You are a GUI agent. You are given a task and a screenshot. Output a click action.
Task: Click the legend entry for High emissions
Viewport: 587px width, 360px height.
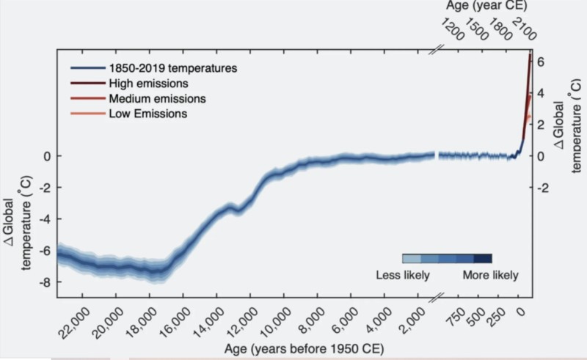(x=149, y=83)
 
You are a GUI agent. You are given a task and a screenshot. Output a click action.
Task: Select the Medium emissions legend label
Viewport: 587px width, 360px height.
(x=157, y=98)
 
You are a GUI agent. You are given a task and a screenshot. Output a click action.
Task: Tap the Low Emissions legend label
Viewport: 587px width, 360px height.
(x=148, y=114)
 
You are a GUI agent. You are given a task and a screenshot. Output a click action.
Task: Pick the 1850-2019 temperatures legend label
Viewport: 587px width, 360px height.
(x=173, y=68)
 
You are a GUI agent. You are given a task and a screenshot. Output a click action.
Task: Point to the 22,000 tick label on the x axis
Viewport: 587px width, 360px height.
(x=75, y=323)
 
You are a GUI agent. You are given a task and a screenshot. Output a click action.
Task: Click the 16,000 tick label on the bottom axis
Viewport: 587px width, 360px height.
(x=175, y=323)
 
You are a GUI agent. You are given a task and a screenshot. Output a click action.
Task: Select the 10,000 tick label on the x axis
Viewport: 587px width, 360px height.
(x=276, y=323)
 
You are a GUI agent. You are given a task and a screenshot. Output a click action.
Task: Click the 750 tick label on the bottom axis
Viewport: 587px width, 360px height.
(x=456, y=317)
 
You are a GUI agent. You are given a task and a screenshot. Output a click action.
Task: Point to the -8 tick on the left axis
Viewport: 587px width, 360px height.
(x=45, y=282)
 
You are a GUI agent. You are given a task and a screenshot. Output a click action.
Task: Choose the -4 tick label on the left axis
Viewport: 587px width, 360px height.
(x=45, y=218)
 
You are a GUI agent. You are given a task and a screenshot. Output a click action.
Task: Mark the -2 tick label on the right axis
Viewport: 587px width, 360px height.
(x=543, y=188)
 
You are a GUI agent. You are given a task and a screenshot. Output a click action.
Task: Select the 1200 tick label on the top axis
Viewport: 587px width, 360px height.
(x=452, y=29)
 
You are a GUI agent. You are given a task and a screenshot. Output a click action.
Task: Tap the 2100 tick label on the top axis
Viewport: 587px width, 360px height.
(x=524, y=29)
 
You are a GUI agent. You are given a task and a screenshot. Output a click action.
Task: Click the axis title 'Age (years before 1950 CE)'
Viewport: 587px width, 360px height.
(x=304, y=349)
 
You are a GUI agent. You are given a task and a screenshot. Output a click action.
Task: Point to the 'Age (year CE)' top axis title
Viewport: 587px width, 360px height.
(x=486, y=6)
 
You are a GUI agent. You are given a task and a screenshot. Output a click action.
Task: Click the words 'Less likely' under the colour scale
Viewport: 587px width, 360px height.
(x=403, y=275)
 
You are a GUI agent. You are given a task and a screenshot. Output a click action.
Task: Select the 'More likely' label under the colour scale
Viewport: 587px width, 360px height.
(x=490, y=275)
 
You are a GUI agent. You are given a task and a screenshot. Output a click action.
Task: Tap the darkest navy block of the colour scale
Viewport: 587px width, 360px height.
(x=483, y=259)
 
